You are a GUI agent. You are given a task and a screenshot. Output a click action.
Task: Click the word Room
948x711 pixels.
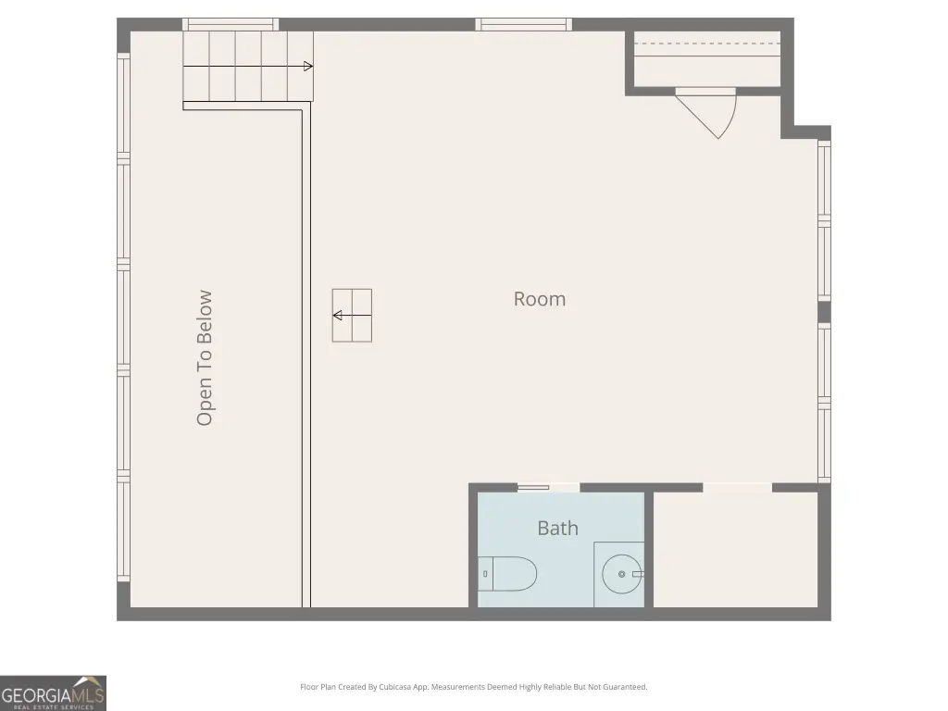click(x=540, y=299)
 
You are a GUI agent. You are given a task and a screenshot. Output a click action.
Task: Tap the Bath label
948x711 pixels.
click(x=557, y=528)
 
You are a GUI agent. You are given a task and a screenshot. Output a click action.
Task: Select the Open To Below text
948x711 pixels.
click(x=205, y=358)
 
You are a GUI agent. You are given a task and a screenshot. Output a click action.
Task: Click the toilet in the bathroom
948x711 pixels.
click(x=508, y=574)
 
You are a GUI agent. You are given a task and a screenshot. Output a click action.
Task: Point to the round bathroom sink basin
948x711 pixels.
click(x=621, y=574)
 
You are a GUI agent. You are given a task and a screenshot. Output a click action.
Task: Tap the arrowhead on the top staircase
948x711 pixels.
click(x=307, y=67)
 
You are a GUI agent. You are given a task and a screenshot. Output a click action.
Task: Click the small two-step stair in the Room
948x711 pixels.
click(x=352, y=315)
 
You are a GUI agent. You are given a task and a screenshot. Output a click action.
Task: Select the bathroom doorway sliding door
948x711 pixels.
click(x=533, y=487)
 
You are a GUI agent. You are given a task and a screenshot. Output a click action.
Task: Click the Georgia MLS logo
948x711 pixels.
click(x=53, y=692)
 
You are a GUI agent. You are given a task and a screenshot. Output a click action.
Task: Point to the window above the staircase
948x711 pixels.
click(x=231, y=24)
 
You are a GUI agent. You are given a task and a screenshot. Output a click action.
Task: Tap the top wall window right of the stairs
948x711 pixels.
click(x=524, y=24)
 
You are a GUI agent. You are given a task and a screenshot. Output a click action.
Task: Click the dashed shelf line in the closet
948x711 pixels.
click(x=706, y=44)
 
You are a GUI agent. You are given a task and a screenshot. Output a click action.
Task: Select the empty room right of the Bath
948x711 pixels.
click(x=736, y=550)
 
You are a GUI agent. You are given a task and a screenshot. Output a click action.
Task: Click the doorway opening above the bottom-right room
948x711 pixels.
click(x=738, y=487)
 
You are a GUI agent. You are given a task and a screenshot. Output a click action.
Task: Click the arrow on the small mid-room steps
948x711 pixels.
click(x=352, y=315)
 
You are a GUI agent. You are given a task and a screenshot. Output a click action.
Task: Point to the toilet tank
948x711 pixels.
click(x=485, y=574)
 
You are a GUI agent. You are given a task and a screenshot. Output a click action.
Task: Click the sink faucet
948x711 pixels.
click(x=637, y=574)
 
